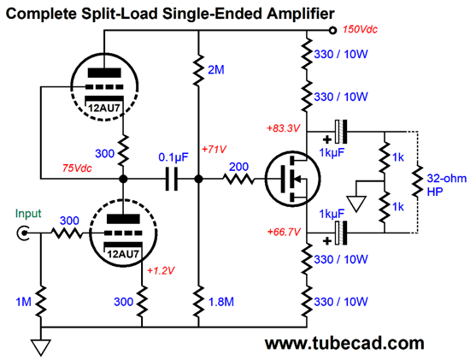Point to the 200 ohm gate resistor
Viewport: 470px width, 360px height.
pyautogui.click(x=240, y=180)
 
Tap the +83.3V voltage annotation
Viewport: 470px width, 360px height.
pyautogui.click(x=284, y=128)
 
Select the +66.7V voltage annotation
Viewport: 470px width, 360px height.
pyautogui.click(x=284, y=232)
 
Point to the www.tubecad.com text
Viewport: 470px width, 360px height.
pyautogui.click(x=344, y=343)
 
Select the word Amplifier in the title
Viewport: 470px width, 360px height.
pyautogui.click(x=287, y=11)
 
